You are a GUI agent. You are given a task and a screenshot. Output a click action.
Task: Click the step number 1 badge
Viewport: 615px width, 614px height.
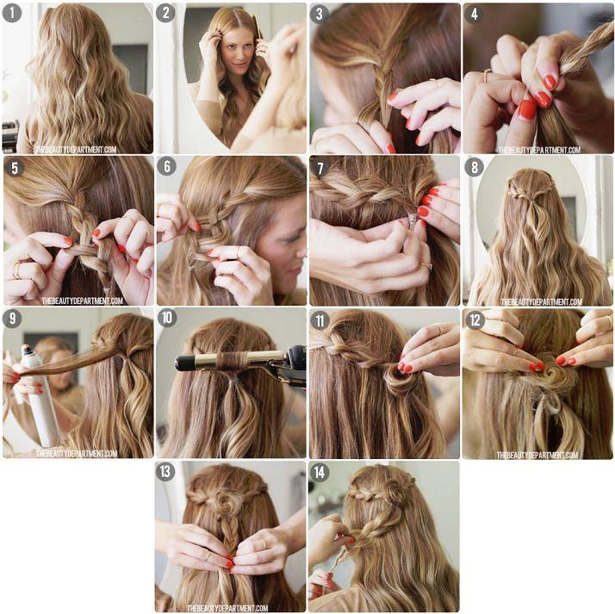(x=12, y=13)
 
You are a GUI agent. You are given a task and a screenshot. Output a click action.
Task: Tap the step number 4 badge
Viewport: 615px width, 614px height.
(x=475, y=14)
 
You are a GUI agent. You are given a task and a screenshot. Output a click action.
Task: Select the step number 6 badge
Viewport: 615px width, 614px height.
(x=167, y=166)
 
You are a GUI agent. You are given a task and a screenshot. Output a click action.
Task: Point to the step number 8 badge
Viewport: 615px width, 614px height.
(x=475, y=168)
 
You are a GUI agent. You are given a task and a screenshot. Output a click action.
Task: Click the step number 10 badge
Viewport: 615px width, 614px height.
(x=167, y=318)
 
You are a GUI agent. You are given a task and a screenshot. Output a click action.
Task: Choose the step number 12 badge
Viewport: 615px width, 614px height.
(x=475, y=320)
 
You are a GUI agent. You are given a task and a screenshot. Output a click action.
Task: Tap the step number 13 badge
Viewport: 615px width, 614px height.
(x=165, y=471)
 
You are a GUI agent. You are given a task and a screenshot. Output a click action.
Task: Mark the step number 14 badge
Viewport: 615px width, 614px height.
(x=320, y=473)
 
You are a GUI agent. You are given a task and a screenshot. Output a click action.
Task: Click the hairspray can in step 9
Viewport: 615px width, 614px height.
(x=40, y=396)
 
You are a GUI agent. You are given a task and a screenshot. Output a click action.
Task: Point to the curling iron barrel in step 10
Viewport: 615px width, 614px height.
(x=232, y=360)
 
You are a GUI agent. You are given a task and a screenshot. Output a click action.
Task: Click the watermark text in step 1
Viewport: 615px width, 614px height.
(x=76, y=149)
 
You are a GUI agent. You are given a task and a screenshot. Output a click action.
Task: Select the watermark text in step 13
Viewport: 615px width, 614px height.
(x=227, y=608)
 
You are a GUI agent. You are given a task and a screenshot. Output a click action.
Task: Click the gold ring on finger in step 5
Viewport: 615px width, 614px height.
(x=17, y=270)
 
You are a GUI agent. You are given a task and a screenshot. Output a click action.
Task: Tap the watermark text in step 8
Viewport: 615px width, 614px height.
(x=541, y=301)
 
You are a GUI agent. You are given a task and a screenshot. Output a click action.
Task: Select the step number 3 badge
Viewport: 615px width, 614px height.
(x=320, y=14)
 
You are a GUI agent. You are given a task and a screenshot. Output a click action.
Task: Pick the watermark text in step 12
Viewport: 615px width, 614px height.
(x=537, y=455)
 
